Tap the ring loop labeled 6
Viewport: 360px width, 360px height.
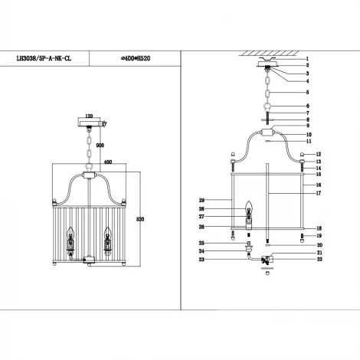click(x=267, y=107)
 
